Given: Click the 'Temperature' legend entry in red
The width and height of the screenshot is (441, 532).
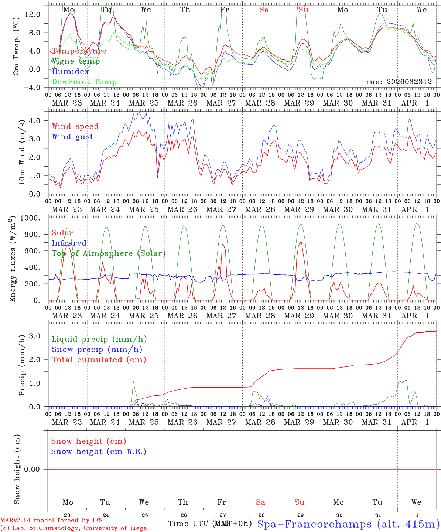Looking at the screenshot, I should click(x=79, y=51).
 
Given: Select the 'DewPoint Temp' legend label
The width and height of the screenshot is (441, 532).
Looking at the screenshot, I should click(x=84, y=82).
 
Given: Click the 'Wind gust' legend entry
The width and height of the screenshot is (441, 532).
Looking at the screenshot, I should click(x=72, y=137).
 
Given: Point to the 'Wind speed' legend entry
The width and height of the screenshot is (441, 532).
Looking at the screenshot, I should click(x=75, y=126).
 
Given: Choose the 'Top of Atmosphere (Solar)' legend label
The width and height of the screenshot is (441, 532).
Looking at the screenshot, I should click(x=109, y=253).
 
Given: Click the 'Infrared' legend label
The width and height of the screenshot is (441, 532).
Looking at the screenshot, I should click(x=69, y=243).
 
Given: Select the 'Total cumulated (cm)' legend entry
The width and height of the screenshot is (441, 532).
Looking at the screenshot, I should click(x=99, y=360).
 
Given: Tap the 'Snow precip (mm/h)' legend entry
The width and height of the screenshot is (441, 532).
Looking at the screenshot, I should click(x=97, y=349).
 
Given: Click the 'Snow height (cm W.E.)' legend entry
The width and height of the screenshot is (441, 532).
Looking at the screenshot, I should click(x=99, y=451).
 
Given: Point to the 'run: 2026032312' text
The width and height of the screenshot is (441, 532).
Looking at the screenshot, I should click(x=399, y=82).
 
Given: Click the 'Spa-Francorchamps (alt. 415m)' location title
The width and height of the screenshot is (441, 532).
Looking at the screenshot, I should click(x=348, y=524).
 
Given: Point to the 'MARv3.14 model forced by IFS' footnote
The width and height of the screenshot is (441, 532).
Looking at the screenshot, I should click(x=51, y=520).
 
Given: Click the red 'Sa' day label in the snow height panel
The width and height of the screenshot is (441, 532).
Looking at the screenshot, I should click(x=260, y=502).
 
